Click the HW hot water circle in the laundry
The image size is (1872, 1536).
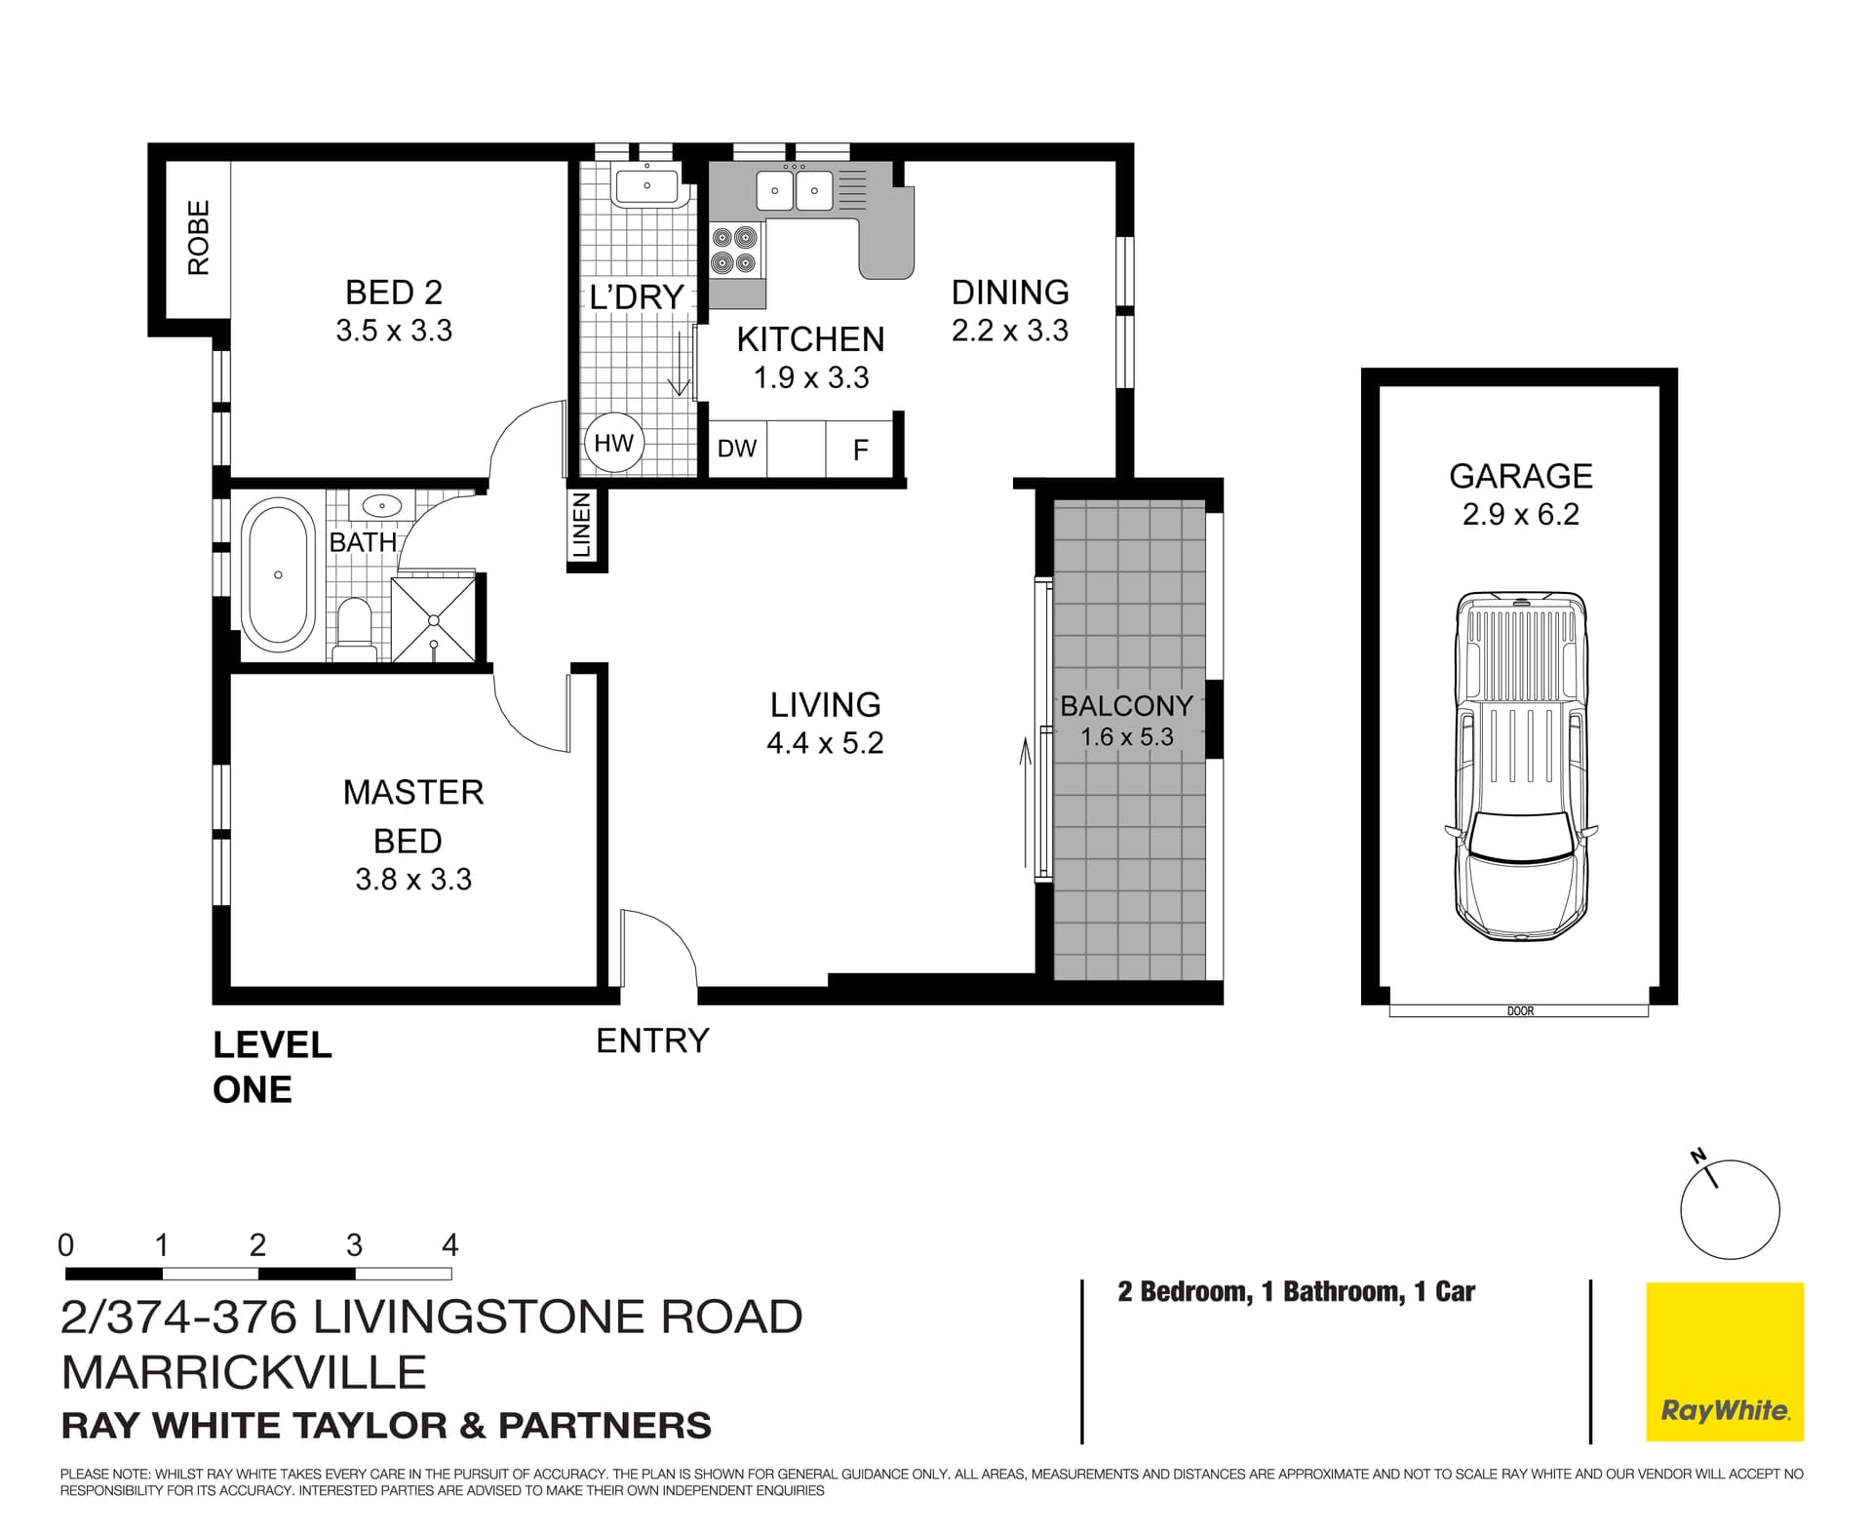[613, 444]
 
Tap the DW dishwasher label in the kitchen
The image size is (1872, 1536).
[737, 449]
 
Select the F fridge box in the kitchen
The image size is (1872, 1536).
[860, 450]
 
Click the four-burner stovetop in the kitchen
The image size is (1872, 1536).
[735, 250]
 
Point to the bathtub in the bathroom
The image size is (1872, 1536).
[278, 575]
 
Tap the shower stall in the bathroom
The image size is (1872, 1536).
[434, 619]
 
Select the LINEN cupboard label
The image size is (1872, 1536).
[582, 526]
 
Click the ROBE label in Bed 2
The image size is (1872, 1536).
[199, 237]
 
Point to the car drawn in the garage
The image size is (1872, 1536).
[1520, 766]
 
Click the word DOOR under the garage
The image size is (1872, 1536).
[1520, 1011]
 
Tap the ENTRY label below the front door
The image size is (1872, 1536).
[652, 1042]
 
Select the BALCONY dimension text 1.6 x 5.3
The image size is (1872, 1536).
[1126, 737]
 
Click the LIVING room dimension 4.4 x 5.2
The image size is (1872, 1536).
[825, 743]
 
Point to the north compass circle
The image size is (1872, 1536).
[1730, 1210]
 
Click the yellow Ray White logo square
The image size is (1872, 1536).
[1724, 1361]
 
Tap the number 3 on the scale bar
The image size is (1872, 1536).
[354, 1245]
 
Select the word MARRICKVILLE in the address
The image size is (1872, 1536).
[244, 1372]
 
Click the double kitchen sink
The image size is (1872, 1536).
[795, 191]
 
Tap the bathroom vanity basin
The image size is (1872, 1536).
[382, 506]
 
